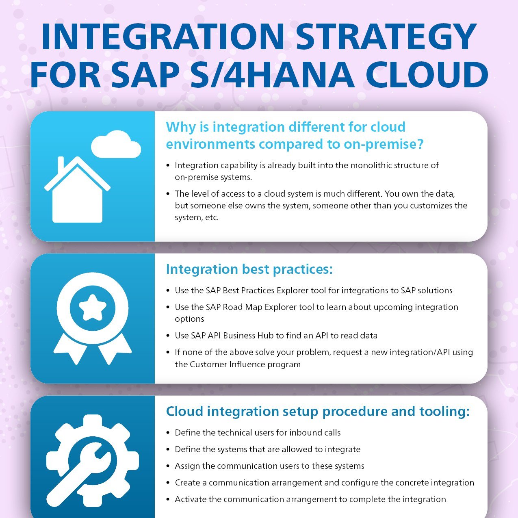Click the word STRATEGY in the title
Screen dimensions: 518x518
[x=386, y=37]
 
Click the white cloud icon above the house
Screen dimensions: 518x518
[x=116, y=144]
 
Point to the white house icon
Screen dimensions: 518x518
[x=78, y=189]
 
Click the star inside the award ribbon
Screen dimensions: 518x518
[x=93, y=308]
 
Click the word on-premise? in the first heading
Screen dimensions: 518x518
[x=384, y=144]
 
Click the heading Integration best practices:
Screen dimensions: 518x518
[x=249, y=269]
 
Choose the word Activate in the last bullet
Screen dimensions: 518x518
[x=191, y=499]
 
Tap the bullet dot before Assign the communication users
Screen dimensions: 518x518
[x=168, y=466]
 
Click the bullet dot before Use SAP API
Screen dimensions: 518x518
[x=168, y=336]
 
